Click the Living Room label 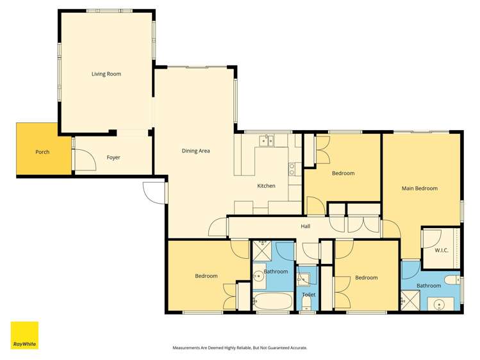(106, 74)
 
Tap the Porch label (42, 152)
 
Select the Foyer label (113, 158)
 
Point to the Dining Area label (196, 151)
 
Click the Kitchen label (266, 186)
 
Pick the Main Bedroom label (419, 188)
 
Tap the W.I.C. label (441, 250)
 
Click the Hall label (306, 226)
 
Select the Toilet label (308, 294)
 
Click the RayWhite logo (24, 335)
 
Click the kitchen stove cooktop (292, 169)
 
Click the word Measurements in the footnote (186, 348)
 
